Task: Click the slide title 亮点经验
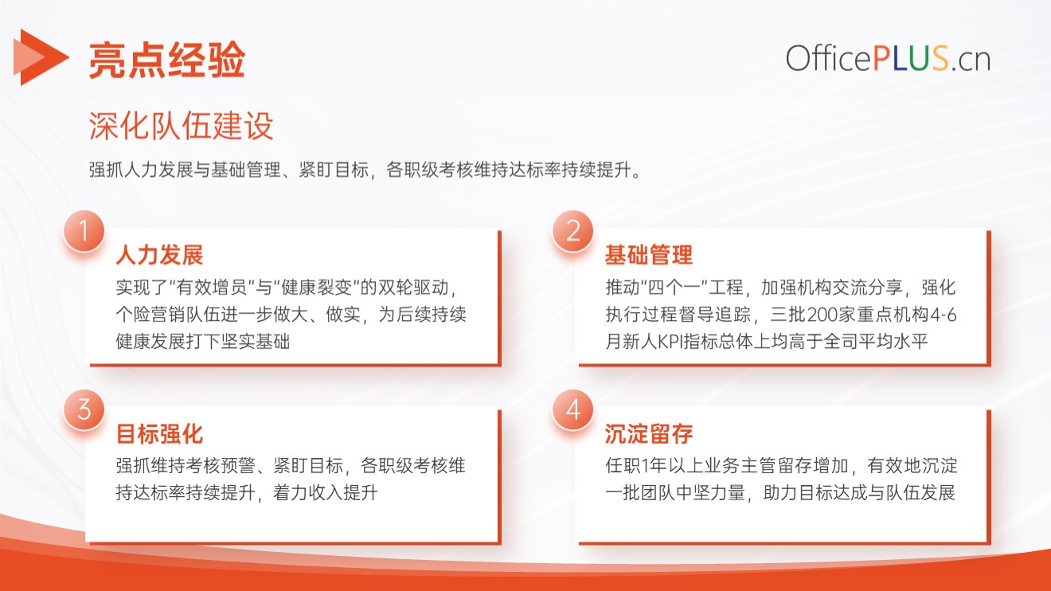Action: tap(167, 60)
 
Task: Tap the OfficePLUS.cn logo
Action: tap(889, 59)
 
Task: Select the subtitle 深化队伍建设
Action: tap(181, 126)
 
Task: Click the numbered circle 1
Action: tap(84, 231)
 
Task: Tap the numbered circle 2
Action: tap(573, 231)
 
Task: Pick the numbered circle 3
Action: tap(84, 410)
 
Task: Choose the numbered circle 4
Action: tap(573, 410)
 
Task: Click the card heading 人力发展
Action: tap(159, 256)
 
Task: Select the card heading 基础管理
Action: tap(649, 256)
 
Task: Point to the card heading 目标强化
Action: tap(159, 434)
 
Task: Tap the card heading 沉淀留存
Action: tap(649, 434)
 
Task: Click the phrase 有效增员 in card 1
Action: tap(212, 288)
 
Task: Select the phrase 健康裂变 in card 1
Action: tap(317, 288)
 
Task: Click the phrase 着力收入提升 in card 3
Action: tap(326, 493)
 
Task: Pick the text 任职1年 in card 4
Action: tap(635, 466)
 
